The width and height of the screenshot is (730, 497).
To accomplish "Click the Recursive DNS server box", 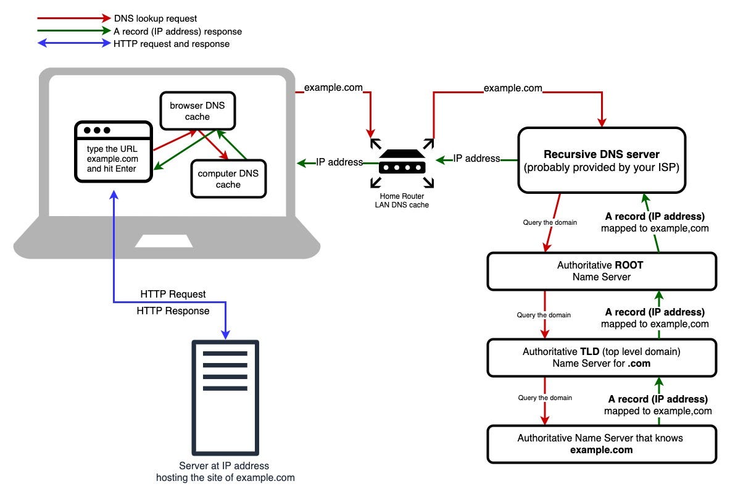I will (x=601, y=161).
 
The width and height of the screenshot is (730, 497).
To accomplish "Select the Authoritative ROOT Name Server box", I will (x=601, y=271).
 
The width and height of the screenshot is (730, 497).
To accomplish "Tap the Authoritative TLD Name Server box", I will (x=601, y=358).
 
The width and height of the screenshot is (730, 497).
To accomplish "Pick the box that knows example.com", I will (x=601, y=444).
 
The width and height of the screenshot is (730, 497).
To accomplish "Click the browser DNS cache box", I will (x=197, y=111).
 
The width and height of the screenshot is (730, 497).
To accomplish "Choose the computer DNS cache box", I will (x=228, y=179).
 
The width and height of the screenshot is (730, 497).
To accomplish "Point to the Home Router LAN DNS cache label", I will (x=401, y=200).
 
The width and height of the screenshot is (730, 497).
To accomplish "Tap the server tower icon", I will (x=225, y=398).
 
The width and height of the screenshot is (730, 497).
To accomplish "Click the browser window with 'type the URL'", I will (x=113, y=152).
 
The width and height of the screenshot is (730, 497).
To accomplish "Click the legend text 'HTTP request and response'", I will (x=172, y=44).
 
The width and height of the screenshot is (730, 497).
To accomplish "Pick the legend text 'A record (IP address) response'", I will (x=178, y=31).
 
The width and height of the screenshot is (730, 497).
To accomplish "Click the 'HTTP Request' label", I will (x=173, y=294).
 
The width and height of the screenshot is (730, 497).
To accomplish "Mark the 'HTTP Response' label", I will (x=173, y=311).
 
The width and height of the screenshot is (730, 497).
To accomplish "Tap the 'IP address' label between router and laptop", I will (x=339, y=162).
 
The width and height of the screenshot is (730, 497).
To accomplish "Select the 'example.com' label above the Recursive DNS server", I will (x=513, y=88).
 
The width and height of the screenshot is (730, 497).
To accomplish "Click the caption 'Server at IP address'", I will (x=225, y=466).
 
